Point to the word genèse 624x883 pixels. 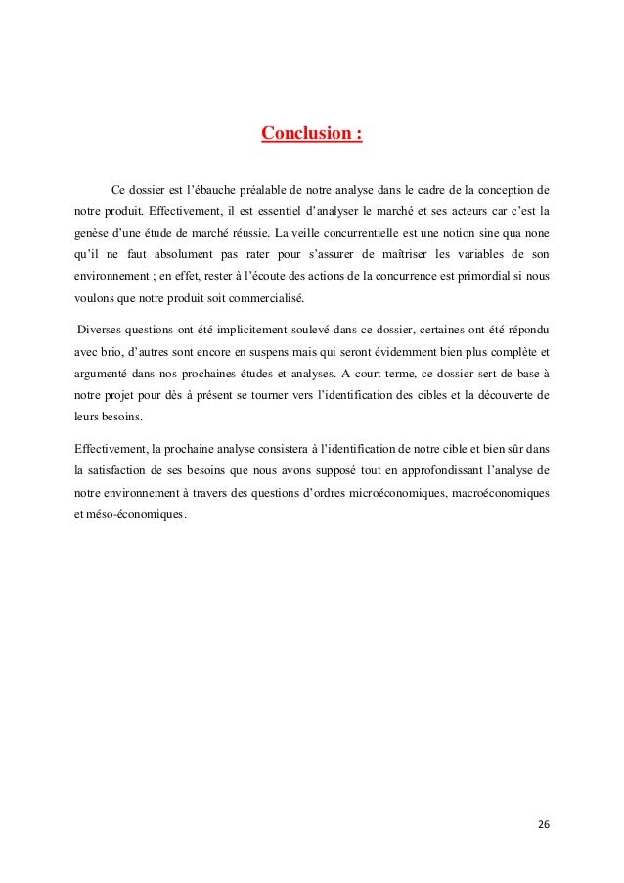(91, 233)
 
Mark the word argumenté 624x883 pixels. (107, 374)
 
